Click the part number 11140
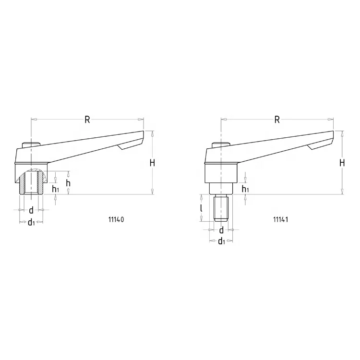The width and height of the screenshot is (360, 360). (116, 219)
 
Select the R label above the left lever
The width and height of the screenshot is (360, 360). (87, 120)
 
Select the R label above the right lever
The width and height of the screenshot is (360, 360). (277, 120)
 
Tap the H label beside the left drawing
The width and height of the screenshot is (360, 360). (152, 163)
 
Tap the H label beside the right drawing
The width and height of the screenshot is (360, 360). (342, 163)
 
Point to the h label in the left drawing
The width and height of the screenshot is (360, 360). (68, 183)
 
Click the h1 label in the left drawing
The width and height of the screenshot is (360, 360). (56, 189)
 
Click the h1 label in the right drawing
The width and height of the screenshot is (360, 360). (245, 189)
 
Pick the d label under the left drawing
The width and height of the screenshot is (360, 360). (31, 210)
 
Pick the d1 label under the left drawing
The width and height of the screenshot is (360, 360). (31, 222)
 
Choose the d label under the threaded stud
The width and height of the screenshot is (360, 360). (221, 230)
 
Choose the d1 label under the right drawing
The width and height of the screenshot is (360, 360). (221, 241)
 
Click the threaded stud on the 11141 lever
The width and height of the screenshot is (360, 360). (221, 209)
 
